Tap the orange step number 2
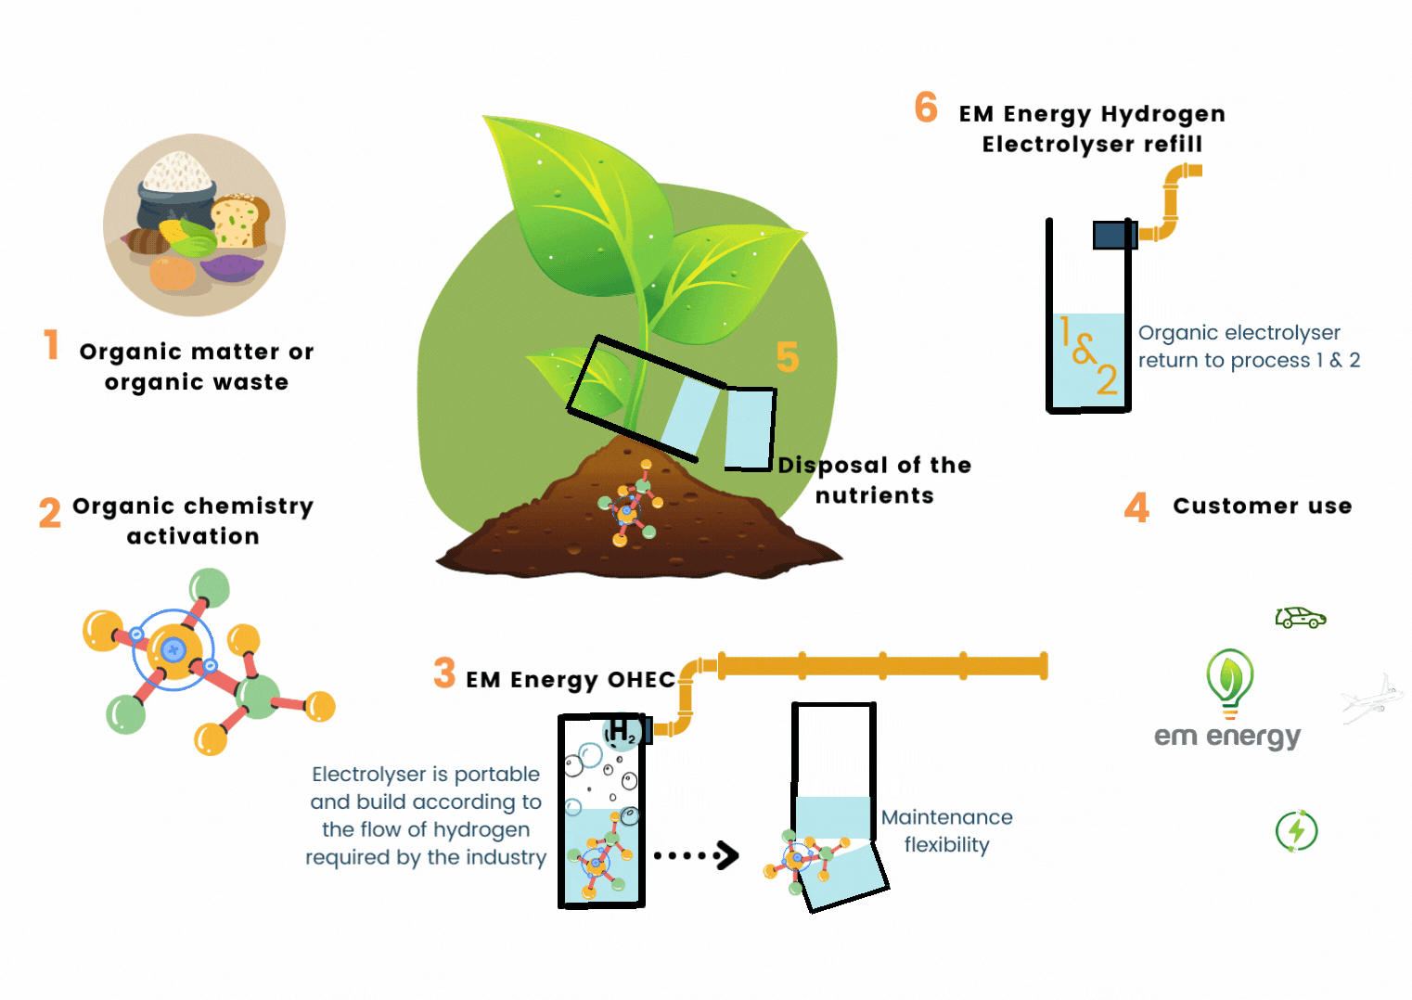(50, 512)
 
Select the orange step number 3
(444, 673)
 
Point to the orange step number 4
(1136, 507)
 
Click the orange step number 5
(788, 357)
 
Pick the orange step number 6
(926, 108)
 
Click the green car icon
(1300, 618)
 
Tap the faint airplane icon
(1368, 699)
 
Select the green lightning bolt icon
(1296, 830)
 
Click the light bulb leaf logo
(1229, 682)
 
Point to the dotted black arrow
(696, 855)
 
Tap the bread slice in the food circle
(241, 220)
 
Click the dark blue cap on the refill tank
(1114, 235)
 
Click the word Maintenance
(946, 817)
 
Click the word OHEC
(641, 680)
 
